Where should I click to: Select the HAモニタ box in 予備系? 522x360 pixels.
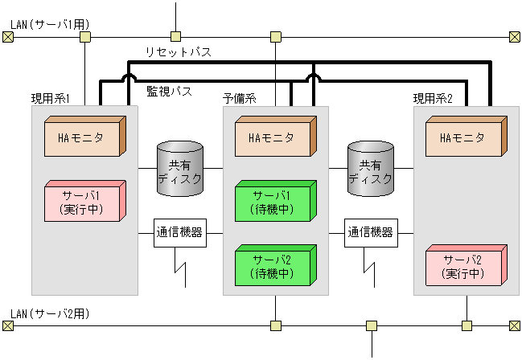273,138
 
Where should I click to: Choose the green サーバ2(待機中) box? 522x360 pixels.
273,267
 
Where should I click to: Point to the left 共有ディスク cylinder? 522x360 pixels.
179,169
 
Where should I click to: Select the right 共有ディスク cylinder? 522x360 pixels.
370,169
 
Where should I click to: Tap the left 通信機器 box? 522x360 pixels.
179,234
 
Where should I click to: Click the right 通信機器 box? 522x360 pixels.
370,234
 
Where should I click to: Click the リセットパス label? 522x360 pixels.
178,52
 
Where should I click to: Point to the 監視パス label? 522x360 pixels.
169,92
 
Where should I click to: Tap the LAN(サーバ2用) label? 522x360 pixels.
48,313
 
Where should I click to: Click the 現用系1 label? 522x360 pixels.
51,98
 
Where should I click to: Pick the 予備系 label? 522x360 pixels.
239,98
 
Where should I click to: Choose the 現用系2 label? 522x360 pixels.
433,98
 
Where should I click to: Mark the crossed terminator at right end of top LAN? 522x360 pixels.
515,37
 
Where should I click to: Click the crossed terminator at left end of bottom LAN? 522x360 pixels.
8,325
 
